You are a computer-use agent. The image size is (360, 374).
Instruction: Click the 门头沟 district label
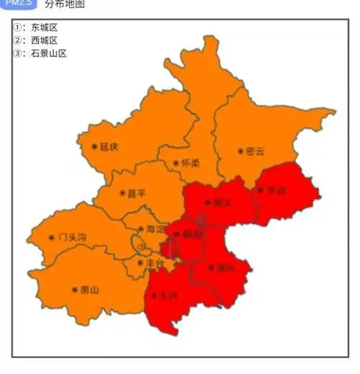coord(72,236)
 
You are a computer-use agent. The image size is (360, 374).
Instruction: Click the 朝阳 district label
coord(192,234)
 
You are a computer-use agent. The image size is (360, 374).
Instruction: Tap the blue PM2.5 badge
coord(19,4)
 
